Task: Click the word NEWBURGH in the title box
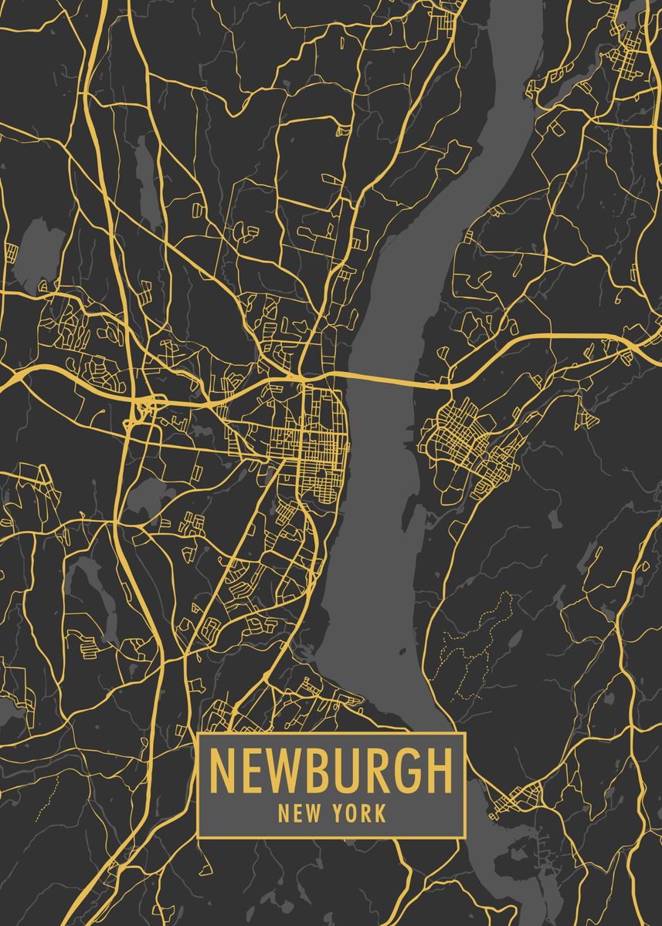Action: point(331,769)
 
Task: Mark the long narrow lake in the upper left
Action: point(147,174)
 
